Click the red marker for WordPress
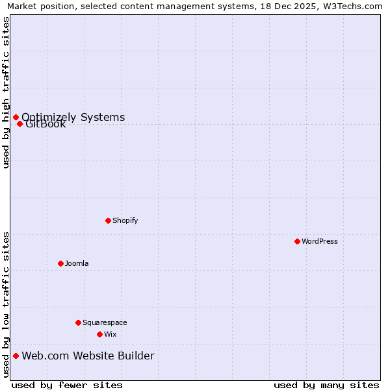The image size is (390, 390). [x=297, y=241]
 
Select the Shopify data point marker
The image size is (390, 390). [x=108, y=220]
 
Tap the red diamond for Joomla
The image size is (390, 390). [x=60, y=263]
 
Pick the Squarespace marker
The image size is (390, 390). [x=78, y=322]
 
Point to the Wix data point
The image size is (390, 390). [x=99, y=334]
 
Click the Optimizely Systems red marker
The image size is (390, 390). [x=16, y=117]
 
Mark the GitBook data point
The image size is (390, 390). [x=20, y=124]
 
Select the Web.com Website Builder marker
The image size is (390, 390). [x=16, y=356]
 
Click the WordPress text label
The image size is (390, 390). [x=320, y=241]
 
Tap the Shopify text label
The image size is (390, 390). [x=125, y=220]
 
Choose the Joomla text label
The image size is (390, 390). [x=77, y=263]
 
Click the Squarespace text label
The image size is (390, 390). [x=105, y=322]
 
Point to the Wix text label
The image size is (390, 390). [x=110, y=334]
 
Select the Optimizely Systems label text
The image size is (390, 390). [x=73, y=117]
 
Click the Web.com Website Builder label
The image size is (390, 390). [x=88, y=356]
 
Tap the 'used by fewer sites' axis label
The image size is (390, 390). [x=67, y=385]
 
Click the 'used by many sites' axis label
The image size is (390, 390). [x=326, y=385]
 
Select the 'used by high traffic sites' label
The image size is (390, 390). [x=6, y=92]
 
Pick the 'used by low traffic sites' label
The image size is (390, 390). [x=6, y=304]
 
